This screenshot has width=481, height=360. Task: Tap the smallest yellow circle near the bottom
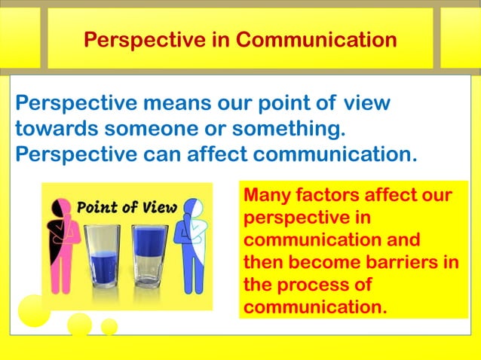pyautogui.click(x=109, y=326)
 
